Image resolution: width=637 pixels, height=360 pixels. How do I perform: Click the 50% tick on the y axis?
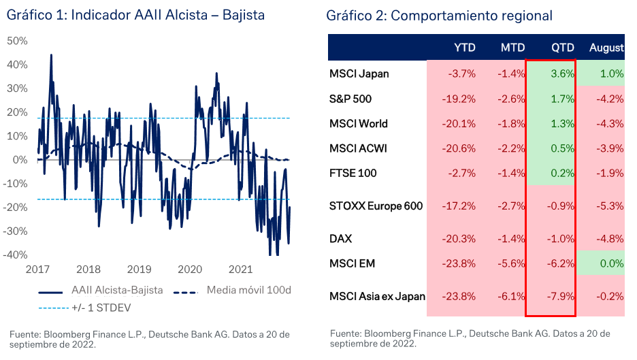[x=17, y=41]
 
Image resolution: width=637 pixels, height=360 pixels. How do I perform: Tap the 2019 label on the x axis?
[x=140, y=269]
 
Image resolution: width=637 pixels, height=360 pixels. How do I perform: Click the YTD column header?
[x=465, y=48]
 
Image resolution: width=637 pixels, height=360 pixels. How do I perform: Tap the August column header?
[x=606, y=48]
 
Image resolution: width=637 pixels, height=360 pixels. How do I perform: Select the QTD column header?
[x=563, y=48]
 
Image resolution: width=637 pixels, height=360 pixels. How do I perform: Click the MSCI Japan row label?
[x=359, y=73]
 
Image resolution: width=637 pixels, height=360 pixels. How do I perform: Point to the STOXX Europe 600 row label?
[x=376, y=206]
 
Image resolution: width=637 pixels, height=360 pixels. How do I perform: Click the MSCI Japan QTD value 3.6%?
[x=563, y=73]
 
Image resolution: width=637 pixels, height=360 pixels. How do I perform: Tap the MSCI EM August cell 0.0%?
[x=611, y=263]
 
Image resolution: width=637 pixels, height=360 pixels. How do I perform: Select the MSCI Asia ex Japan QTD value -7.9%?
[x=560, y=296]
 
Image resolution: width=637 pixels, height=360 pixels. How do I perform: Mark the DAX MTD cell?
[x=512, y=239]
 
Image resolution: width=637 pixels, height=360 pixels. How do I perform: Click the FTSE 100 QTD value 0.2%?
[x=563, y=173]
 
